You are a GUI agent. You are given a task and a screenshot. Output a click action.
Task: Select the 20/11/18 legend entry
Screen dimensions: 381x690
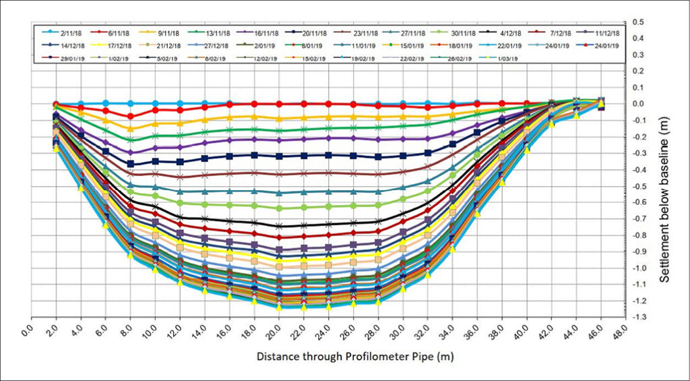coord(309,33)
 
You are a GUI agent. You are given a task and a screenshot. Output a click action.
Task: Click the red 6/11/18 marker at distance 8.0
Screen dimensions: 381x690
coord(130,116)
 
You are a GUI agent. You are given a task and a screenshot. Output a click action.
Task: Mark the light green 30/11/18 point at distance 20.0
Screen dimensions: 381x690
coord(279,208)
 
